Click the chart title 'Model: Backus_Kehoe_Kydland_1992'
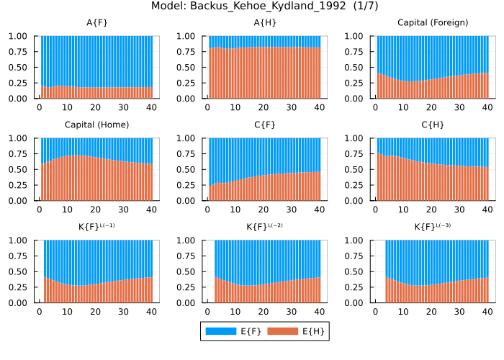tap(252, 6)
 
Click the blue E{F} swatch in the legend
tap(220, 331)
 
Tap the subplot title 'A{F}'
tap(97, 23)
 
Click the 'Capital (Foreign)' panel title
tap(433, 23)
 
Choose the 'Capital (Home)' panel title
tap(97, 125)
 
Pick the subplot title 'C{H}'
tap(433, 125)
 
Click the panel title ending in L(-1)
tap(97, 228)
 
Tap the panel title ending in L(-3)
tap(433, 228)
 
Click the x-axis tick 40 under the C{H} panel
tap(487, 210)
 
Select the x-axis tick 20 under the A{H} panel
tap(264, 107)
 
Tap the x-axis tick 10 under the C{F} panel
tap(235, 210)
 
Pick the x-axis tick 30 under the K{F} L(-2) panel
tap(292, 312)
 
